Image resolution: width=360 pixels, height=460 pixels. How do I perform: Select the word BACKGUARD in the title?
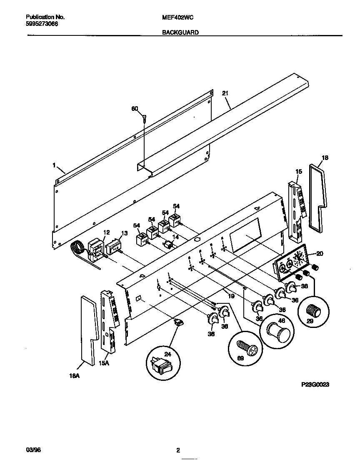coord(180,32)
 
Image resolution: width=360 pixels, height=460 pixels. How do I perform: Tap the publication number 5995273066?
coord(42,24)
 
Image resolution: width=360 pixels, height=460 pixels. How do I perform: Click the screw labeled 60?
coord(144,118)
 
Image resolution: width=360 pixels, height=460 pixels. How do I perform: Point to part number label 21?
coord(225,94)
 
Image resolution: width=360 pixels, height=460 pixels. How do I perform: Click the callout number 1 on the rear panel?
coord(54,165)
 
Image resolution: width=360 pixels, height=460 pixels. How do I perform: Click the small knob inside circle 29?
coord(313,310)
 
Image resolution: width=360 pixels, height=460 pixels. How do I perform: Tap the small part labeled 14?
coord(169,245)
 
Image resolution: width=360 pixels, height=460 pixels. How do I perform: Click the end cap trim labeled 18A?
coord(89,329)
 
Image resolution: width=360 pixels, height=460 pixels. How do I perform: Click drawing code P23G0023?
coord(315,385)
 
